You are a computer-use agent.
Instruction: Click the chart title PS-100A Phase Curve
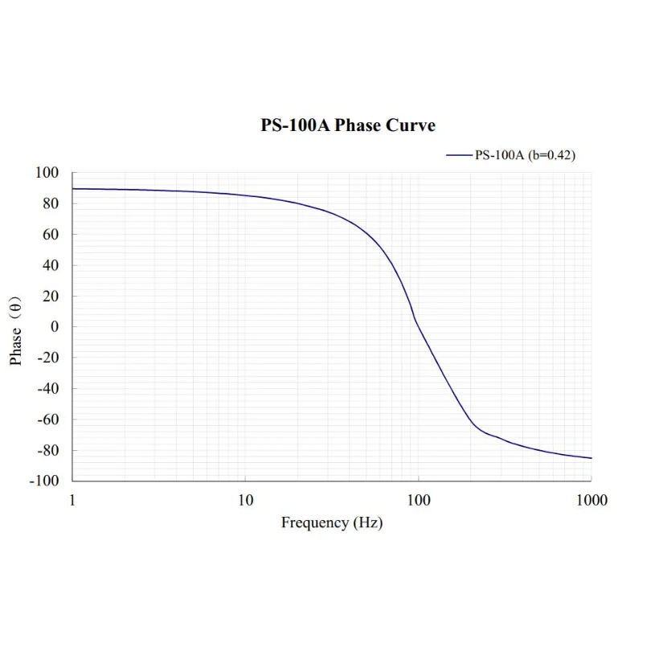(348, 125)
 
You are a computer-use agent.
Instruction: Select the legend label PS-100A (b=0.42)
(525, 155)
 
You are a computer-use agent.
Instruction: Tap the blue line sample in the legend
(460, 155)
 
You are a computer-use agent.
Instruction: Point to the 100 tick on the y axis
(47, 173)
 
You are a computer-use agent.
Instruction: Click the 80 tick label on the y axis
(51, 204)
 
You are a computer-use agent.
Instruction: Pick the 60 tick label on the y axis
(51, 235)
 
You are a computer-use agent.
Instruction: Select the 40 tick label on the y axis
(51, 265)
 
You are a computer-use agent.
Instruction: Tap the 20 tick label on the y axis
(51, 297)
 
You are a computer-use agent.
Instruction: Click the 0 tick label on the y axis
(55, 327)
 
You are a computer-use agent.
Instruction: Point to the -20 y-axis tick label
(49, 358)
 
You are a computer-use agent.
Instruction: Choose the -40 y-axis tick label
(49, 389)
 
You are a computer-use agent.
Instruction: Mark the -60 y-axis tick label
(49, 420)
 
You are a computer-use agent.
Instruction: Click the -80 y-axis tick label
(49, 450)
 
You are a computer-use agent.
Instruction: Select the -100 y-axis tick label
(45, 481)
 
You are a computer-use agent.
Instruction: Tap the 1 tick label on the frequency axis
(73, 500)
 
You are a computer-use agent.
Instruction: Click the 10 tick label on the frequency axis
(246, 500)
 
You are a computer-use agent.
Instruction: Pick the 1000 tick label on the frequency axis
(592, 500)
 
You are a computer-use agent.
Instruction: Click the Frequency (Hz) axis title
(332, 523)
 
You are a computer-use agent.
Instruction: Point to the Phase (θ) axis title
(17, 330)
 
